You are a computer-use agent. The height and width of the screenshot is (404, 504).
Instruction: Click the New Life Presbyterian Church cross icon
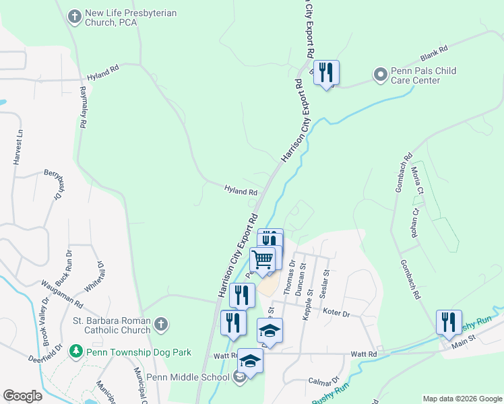74,14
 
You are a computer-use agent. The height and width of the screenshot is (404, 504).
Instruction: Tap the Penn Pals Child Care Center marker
381,73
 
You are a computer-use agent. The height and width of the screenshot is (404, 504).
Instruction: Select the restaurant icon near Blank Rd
326,73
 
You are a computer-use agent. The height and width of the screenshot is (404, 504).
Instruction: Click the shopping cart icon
263,259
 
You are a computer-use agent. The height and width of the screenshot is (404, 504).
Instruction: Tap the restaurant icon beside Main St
448,322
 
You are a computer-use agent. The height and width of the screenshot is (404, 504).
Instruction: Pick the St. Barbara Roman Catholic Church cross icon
160,325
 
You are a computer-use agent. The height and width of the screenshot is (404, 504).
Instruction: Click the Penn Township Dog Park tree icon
77,352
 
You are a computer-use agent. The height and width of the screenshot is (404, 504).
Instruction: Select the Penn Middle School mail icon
240,378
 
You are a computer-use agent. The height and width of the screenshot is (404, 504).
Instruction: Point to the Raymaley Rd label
84,107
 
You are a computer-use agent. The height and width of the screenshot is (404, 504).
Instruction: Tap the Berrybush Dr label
54,184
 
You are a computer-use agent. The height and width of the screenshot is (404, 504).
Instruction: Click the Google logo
23,396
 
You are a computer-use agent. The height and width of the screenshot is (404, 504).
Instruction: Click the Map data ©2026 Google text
462,399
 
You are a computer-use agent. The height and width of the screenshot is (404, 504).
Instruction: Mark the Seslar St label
325,282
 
